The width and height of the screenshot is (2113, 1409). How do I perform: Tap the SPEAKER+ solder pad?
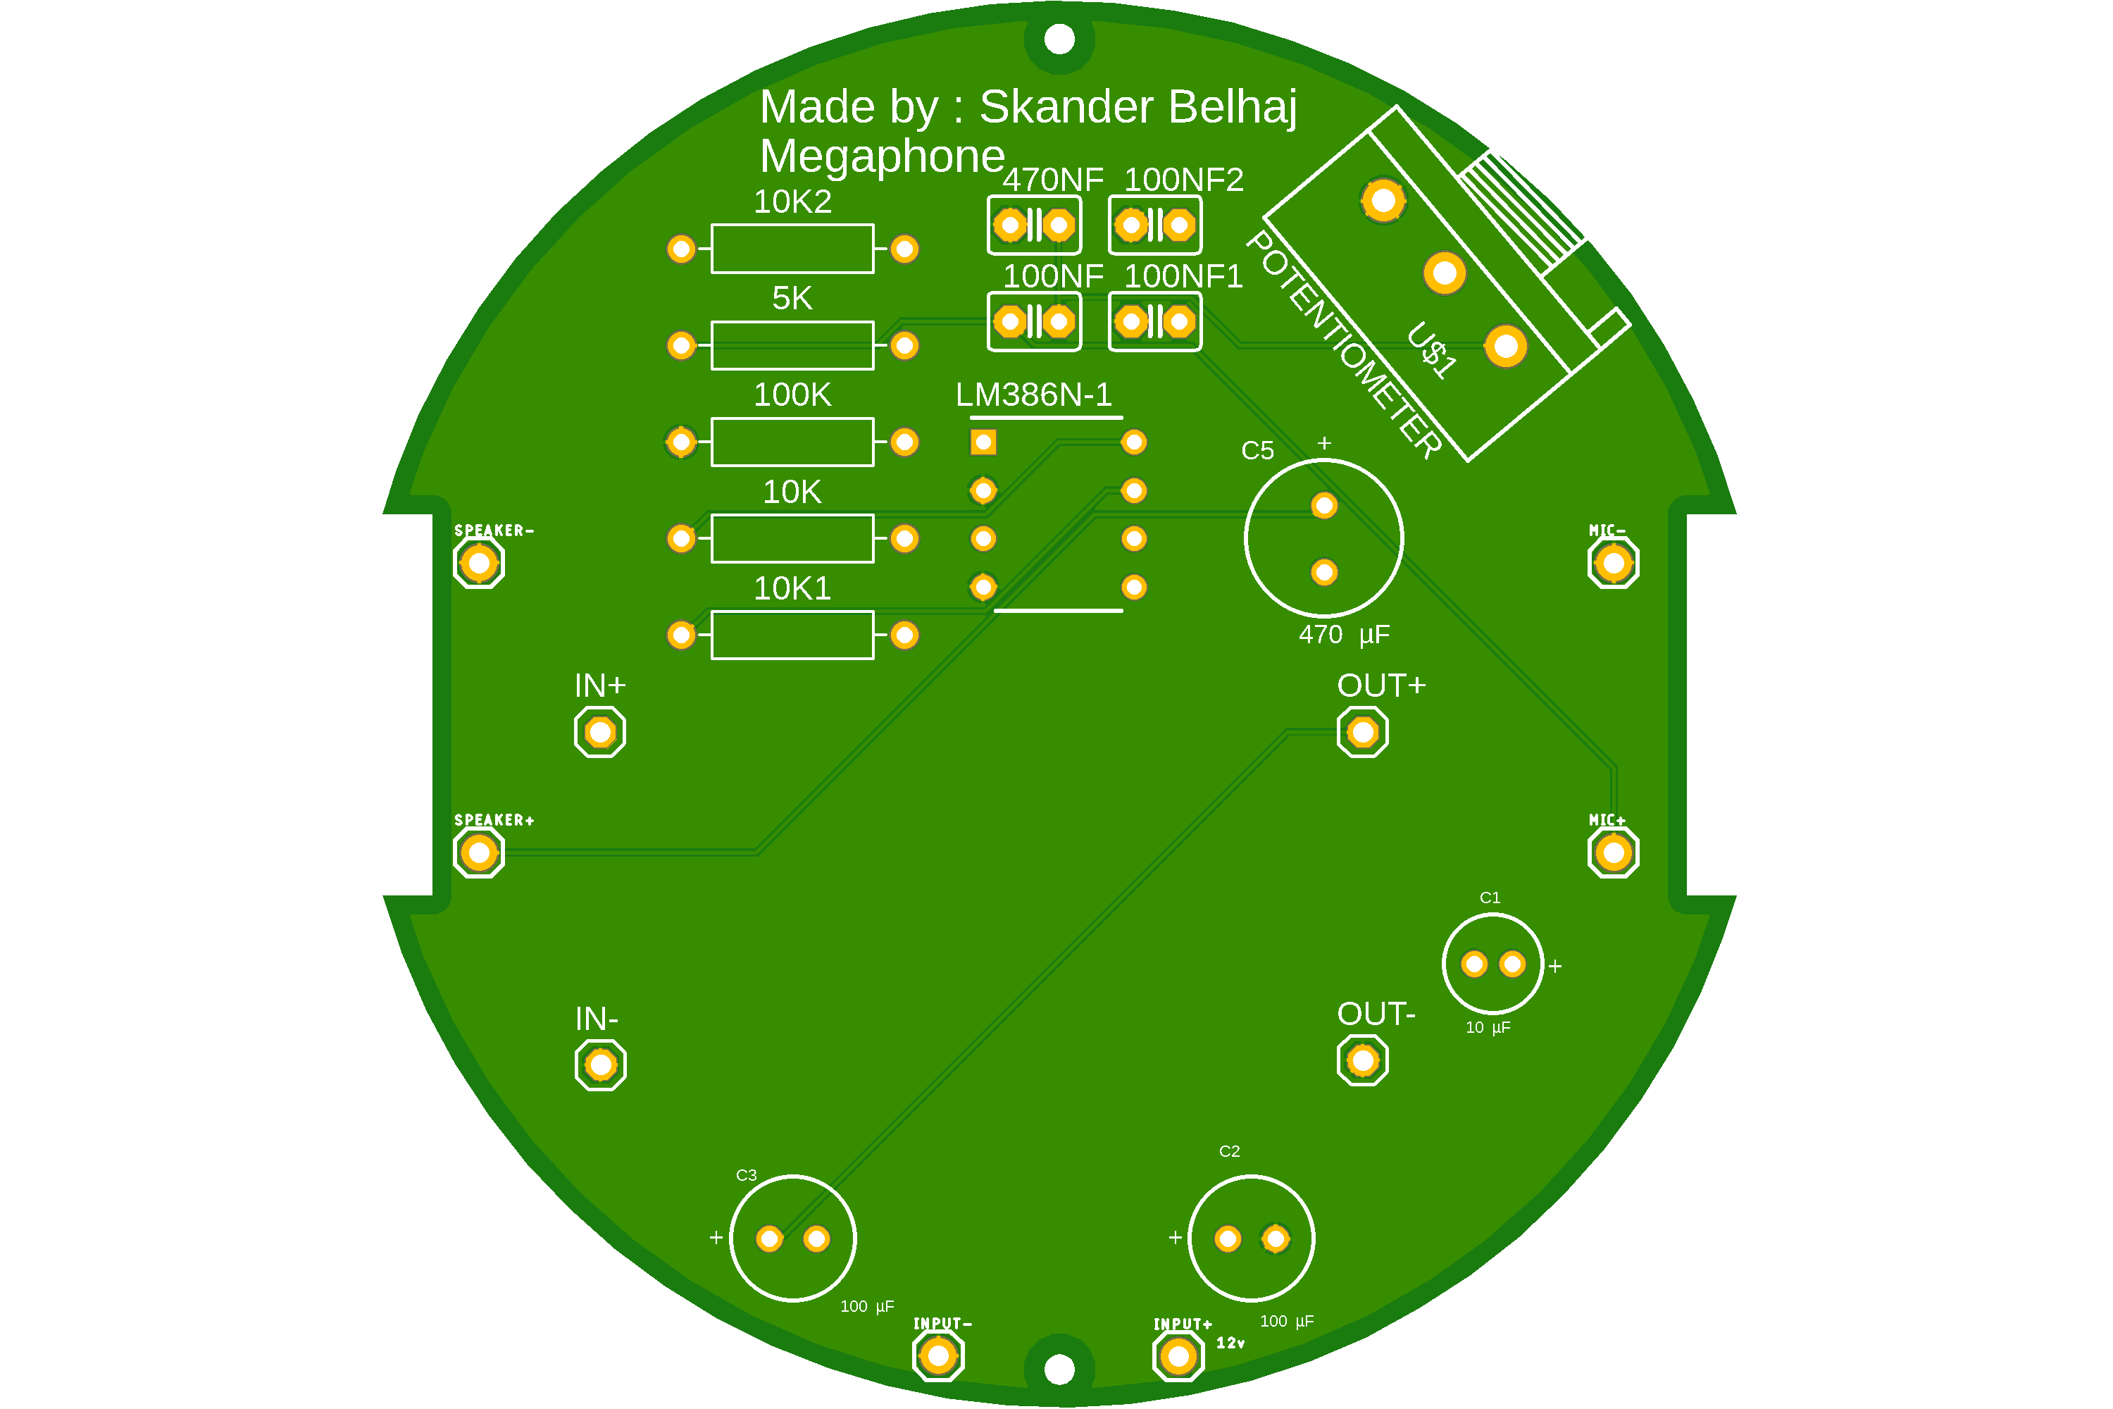pos(478,852)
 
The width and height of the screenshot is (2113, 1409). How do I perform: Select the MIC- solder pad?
pos(1613,564)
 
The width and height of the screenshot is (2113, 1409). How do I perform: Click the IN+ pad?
pos(599,733)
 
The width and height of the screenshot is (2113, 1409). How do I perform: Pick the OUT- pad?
pos(1362,1061)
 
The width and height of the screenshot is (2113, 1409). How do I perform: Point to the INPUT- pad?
pos(938,1356)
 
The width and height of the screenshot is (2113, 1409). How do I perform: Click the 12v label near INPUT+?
pos(1230,1343)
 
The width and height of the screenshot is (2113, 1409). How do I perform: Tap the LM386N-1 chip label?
pos(1033,395)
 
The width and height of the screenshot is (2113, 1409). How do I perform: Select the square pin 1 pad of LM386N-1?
pos(983,442)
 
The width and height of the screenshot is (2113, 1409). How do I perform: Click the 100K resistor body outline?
pos(792,442)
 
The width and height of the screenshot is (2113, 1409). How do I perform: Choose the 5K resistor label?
pos(792,298)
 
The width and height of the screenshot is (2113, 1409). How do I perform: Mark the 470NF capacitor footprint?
pos(1034,225)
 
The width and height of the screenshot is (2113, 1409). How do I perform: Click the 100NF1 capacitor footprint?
pos(1154,322)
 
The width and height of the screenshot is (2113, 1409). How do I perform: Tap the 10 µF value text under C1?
pos(1488,1028)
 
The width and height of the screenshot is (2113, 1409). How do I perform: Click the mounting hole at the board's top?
pos(1059,39)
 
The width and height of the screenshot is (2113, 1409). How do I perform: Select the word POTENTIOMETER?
pos(1344,345)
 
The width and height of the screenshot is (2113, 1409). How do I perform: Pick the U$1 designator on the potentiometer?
pos(1432,350)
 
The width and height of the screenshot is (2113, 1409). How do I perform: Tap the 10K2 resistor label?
pos(792,202)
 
